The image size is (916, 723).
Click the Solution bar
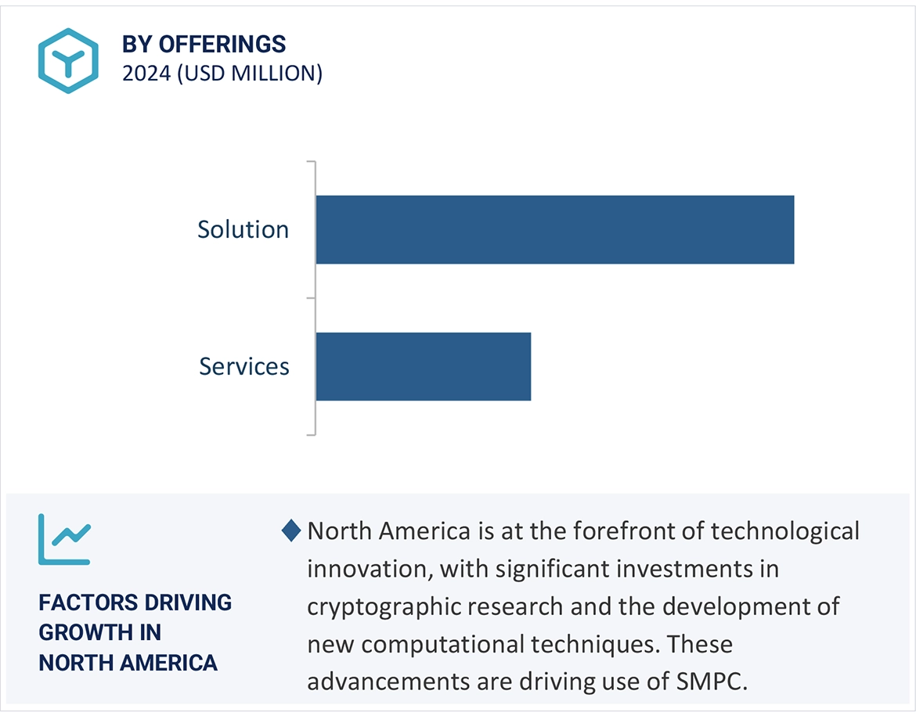(554, 229)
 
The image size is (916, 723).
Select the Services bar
(423, 366)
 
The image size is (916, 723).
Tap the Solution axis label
(243, 229)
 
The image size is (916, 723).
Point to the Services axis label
(243, 366)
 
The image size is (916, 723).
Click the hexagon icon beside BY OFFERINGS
(68, 60)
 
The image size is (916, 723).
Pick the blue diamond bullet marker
(290, 531)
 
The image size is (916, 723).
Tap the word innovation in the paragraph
(367, 568)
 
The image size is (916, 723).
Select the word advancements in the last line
(384, 681)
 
